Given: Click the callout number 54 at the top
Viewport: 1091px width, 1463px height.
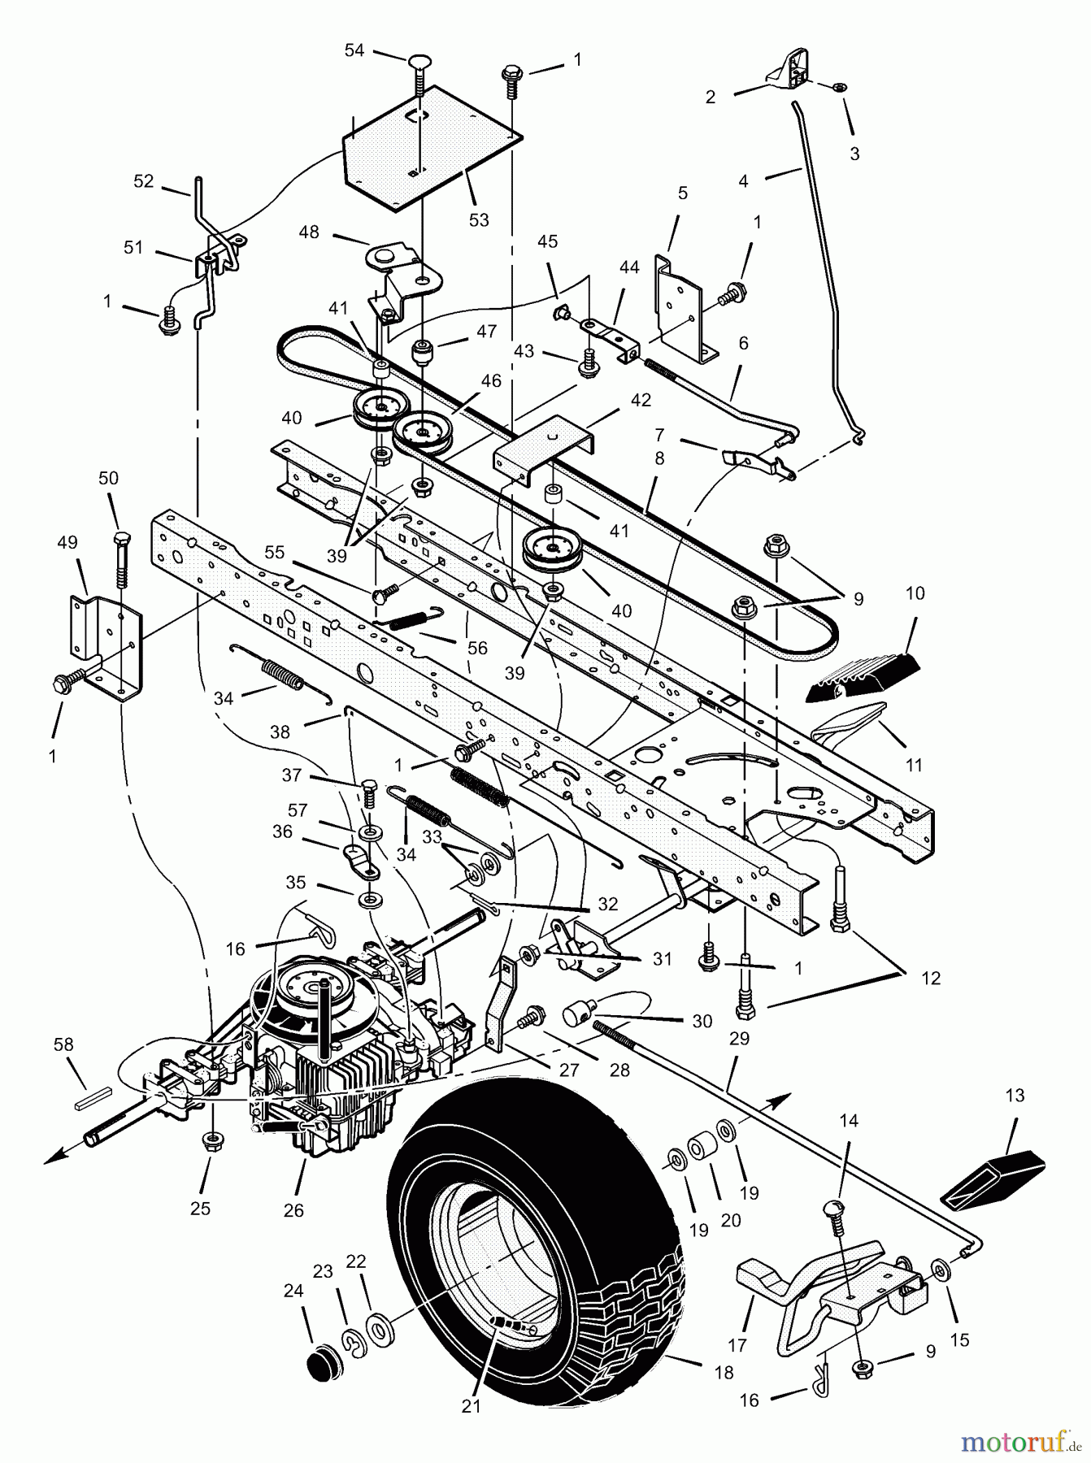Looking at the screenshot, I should tap(354, 50).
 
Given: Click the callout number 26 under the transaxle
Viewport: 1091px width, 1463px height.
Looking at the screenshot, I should tap(293, 1210).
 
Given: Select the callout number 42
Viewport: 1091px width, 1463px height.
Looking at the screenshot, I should tap(641, 401).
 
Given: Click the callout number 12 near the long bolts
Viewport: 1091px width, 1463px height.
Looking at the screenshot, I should tap(930, 978).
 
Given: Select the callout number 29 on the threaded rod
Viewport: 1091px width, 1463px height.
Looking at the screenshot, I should tap(740, 1038).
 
